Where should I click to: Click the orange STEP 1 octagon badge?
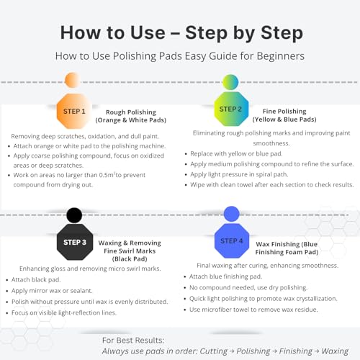[74, 112]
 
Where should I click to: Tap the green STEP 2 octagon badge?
[231, 109]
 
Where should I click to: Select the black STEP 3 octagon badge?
[75, 242]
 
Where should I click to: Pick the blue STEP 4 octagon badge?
[232, 240]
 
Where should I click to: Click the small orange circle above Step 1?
[73, 80]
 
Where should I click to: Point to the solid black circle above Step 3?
[74, 215]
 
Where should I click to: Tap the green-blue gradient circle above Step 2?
[230, 82]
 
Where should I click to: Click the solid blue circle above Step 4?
[232, 214]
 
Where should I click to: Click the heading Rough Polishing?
[131, 112]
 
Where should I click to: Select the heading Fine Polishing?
[284, 111]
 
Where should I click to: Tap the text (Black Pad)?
[130, 259]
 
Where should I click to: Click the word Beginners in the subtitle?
[281, 56]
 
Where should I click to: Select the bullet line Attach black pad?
[36, 279]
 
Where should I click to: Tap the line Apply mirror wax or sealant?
[52, 291]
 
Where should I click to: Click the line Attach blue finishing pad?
[225, 276]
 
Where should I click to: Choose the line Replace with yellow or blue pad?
[236, 153]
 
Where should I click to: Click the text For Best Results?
[133, 341]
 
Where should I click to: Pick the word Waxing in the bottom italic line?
[335, 351]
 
